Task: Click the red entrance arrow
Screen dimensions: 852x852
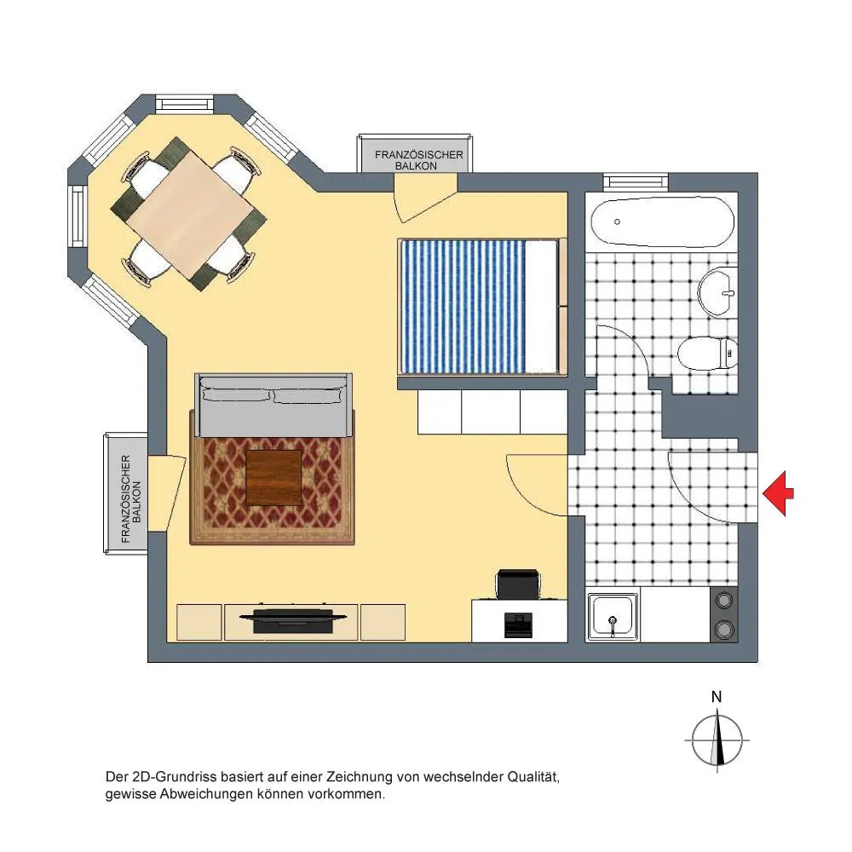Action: pyautogui.click(x=778, y=493)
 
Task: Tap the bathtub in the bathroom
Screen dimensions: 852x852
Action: pyautogui.click(x=662, y=222)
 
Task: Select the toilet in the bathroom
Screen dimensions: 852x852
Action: pyautogui.click(x=707, y=354)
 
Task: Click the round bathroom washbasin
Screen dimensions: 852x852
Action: pyautogui.click(x=717, y=291)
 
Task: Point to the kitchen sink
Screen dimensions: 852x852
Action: pyautogui.click(x=613, y=617)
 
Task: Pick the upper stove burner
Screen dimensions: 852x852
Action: pyautogui.click(x=723, y=601)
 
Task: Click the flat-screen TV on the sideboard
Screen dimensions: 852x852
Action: pyautogui.click(x=293, y=619)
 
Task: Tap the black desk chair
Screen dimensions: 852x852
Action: pyautogui.click(x=518, y=584)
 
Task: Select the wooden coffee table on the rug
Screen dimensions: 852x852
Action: pyautogui.click(x=273, y=478)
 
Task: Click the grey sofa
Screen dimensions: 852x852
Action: pyautogui.click(x=273, y=405)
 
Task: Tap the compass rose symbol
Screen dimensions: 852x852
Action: pyautogui.click(x=717, y=740)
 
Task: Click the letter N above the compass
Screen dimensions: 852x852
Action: pyautogui.click(x=717, y=697)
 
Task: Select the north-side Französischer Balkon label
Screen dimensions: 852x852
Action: pyautogui.click(x=418, y=160)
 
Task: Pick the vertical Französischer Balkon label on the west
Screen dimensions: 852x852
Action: pyautogui.click(x=131, y=498)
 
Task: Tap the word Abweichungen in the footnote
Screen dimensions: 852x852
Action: pyautogui.click(x=206, y=794)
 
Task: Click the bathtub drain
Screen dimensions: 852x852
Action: pyautogui.click(x=617, y=222)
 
